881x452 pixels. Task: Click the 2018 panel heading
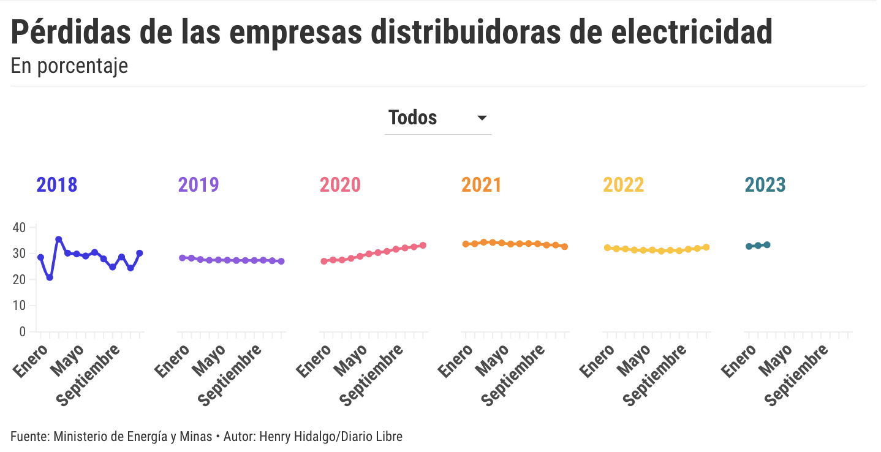[x=57, y=185]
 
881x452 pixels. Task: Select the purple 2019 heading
[x=199, y=185]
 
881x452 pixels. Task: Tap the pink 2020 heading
[x=340, y=185]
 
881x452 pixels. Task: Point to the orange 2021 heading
[x=482, y=185]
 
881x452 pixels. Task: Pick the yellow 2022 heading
[x=623, y=185]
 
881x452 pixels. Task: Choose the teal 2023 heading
[x=765, y=185]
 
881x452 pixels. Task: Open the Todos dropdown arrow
[x=482, y=118]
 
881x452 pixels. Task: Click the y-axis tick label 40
[x=19, y=227]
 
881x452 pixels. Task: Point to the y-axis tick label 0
[x=23, y=332]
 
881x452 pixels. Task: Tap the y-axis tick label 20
[x=19, y=279]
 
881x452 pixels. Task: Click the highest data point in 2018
[x=59, y=239]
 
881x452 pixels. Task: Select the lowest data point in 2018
[x=50, y=277]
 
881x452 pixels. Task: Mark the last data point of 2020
[x=423, y=246]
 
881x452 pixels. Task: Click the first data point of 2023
[x=749, y=246]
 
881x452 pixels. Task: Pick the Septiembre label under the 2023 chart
[x=797, y=375]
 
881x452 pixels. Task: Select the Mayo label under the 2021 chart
[x=493, y=361]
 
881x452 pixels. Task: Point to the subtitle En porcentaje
[x=69, y=66]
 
